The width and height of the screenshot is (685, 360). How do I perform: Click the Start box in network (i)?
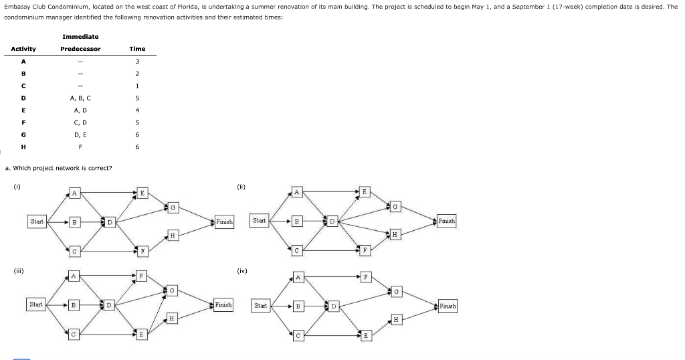(x=37, y=221)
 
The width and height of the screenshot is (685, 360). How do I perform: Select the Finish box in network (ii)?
(x=447, y=221)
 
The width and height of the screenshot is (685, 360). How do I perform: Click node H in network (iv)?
(x=397, y=320)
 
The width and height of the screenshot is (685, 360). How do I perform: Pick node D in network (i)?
(x=110, y=221)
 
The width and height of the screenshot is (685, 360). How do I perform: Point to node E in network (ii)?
(x=365, y=191)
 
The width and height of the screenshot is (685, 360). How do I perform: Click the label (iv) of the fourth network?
(x=242, y=271)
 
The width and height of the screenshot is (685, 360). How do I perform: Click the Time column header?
(x=137, y=49)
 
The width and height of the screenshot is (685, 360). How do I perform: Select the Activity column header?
(x=23, y=49)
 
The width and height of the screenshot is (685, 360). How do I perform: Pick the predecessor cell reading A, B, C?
(x=80, y=98)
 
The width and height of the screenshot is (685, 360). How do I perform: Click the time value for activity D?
(x=137, y=98)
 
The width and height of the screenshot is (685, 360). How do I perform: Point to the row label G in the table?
(x=23, y=134)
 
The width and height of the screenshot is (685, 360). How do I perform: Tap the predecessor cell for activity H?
(x=80, y=147)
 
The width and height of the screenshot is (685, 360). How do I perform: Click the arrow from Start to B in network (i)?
(x=58, y=221)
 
